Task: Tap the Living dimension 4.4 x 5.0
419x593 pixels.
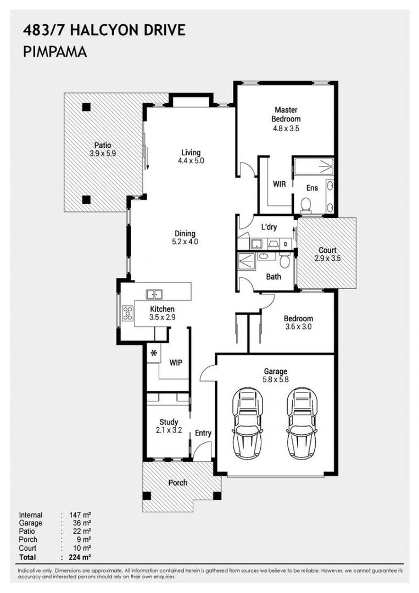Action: click(191, 161)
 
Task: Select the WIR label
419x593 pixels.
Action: click(279, 184)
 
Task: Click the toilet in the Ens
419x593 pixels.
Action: click(306, 205)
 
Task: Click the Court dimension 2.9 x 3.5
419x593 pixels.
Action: click(327, 258)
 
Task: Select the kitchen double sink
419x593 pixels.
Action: click(154, 294)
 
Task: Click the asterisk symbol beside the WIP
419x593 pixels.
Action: click(154, 353)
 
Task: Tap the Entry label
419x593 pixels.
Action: click(203, 433)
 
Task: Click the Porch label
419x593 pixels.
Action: click(177, 483)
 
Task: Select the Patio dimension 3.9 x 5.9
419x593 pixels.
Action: click(103, 154)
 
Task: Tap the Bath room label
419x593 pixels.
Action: click(273, 277)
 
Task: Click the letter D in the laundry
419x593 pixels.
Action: click(286, 244)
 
